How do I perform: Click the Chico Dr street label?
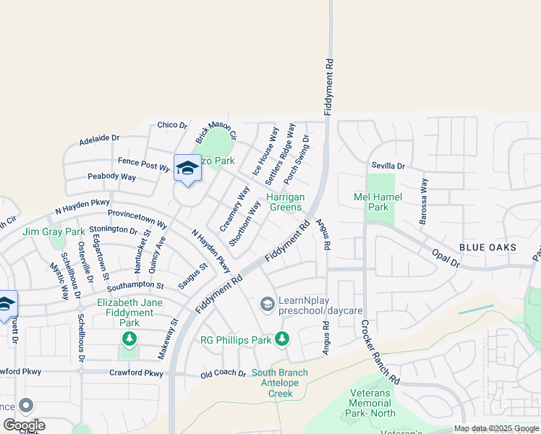point(172,125)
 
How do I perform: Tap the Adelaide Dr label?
point(99,137)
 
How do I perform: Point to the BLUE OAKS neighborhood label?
point(487,247)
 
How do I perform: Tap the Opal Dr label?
point(446,259)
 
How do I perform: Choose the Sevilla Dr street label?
point(388,166)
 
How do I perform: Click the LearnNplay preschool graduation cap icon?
point(267,304)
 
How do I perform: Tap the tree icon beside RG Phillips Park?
point(282,338)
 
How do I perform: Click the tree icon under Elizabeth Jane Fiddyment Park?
point(129,338)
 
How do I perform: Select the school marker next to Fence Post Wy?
point(187,168)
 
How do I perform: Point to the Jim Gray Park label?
point(54,231)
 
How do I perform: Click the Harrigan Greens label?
point(285,202)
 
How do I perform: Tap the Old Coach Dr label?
point(223,373)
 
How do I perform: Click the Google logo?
point(24,425)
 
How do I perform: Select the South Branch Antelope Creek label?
point(280,383)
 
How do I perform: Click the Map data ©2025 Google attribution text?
point(496,428)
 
